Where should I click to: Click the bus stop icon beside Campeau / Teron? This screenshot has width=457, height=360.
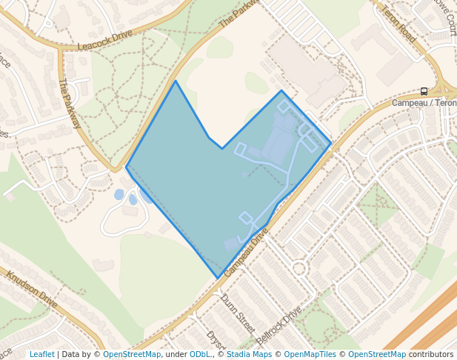click(x=424, y=91)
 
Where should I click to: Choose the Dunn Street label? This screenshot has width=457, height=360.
click(x=237, y=313)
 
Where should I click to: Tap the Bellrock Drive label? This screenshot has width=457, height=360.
click(x=279, y=324)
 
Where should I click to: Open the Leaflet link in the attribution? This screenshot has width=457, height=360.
click(x=41, y=354)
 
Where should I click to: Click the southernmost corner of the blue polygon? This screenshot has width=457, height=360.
click(x=218, y=279)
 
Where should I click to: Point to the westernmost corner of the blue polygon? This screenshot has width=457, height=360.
click(x=126, y=167)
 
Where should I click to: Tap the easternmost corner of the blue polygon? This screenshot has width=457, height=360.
click(x=331, y=143)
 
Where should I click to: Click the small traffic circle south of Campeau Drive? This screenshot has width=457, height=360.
click(x=299, y=268)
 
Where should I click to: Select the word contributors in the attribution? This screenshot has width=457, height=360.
click(x=431, y=354)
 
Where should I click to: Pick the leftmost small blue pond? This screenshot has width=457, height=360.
click(x=119, y=195)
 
